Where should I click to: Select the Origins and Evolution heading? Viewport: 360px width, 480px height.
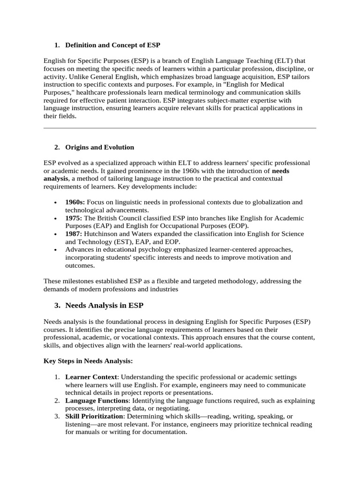[x=99, y=147]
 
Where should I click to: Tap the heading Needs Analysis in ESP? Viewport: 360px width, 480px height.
[x=104, y=305]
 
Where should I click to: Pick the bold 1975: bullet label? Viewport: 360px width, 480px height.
[x=75, y=218]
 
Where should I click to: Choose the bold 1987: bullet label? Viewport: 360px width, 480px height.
[x=75, y=234]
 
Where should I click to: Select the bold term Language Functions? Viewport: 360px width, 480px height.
[x=97, y=401]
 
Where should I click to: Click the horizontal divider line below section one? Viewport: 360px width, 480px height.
[x=180, y=127]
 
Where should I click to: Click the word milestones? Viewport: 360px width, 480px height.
[x=80, y=281]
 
